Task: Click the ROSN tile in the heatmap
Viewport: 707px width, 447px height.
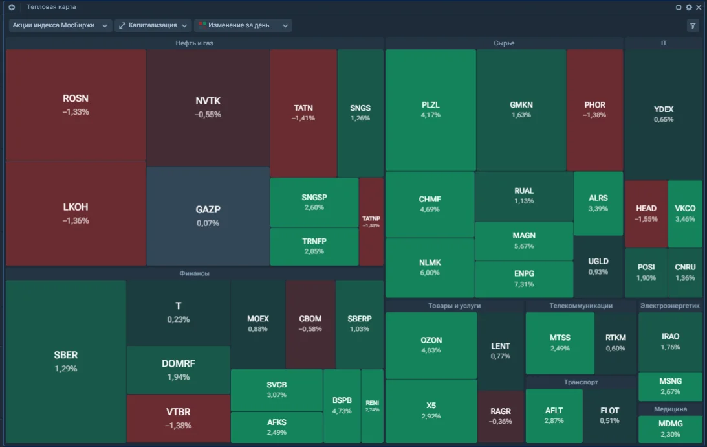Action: (76, 105)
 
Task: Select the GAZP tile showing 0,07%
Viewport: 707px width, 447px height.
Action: (208, 216)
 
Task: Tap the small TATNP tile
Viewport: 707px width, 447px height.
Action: (371, 222)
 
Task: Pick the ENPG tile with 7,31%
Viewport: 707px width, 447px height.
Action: (524, 279)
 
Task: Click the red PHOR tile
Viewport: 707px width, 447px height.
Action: (594, 109)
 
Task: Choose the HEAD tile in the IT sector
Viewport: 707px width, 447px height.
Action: (646, 214)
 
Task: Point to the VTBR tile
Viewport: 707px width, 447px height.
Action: (179, 418)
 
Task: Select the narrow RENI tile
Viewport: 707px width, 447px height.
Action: (373, 406)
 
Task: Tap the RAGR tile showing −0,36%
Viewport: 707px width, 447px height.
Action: (501, 417)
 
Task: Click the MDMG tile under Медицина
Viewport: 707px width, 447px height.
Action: (671, 428)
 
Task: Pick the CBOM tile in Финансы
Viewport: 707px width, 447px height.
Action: (310, 324)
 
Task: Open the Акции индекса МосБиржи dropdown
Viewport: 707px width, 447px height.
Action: (60, 25)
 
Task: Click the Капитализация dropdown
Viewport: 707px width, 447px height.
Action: (153, 25)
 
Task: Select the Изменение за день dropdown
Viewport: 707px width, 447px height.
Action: (243, 25)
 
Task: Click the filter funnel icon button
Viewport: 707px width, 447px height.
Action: (693, 26)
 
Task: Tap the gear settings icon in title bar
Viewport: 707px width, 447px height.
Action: (689, 7)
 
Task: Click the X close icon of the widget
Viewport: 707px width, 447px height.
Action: (699, 7)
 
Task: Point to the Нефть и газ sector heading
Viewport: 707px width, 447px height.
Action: (194, 43)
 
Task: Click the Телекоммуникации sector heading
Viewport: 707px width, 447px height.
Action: (581, 306)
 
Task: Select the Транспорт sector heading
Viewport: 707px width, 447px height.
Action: (581, 382)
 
